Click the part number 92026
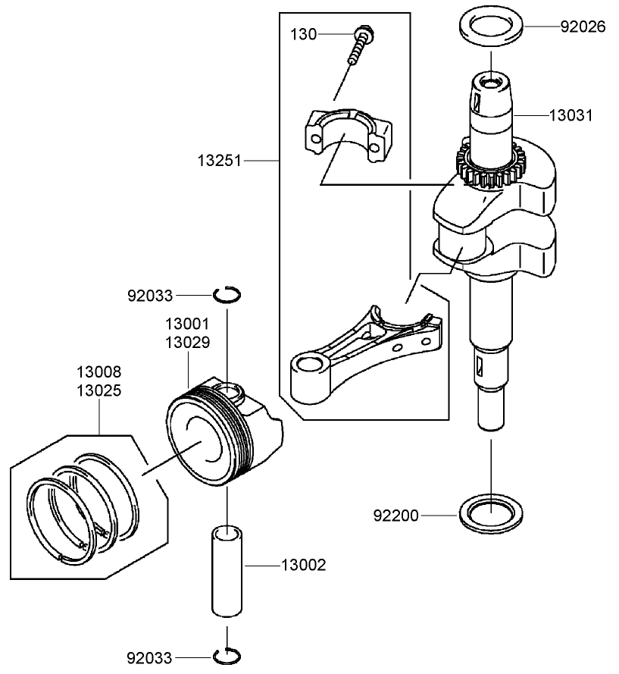583,27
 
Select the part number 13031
571,115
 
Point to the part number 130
303,34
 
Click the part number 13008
98,372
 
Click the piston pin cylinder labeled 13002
227,572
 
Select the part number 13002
303,565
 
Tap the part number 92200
395,516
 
